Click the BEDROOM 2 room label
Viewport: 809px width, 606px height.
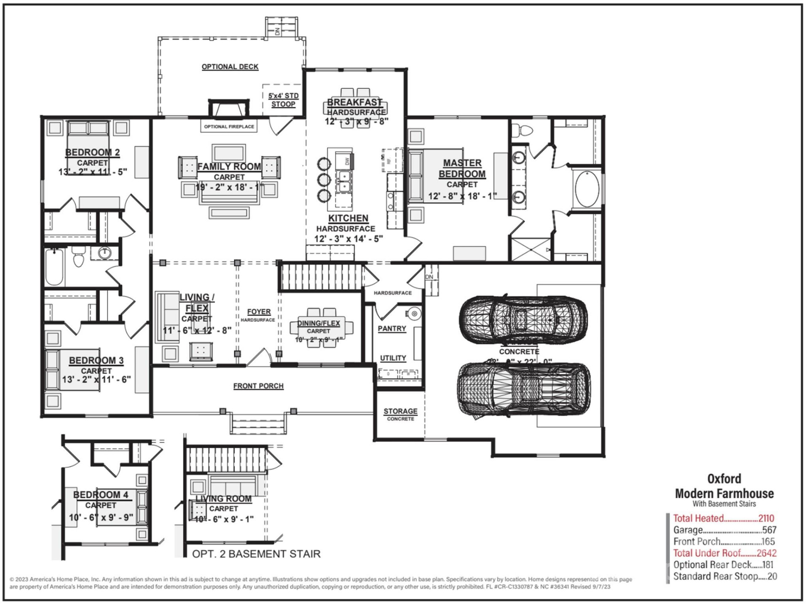coord(92,152)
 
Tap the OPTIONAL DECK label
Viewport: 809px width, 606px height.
coord(230,67)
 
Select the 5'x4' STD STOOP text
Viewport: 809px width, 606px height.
coord(283,100)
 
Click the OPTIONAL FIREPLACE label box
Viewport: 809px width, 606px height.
coord(229,126)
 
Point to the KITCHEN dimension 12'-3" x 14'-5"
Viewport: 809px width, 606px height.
coord(348,239)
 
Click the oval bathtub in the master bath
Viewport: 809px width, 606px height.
coord(587,189)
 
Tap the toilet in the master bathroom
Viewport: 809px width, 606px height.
coord(522,130)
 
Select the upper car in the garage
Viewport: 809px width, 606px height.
coord(523,319)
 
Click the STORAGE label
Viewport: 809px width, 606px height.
coord(400,411)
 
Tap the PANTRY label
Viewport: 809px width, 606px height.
coord(391,328)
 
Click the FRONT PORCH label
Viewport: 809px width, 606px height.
coord(258,386)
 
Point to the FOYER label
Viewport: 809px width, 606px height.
coord(259,311)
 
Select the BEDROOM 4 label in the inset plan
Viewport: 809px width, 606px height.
coord(101,495)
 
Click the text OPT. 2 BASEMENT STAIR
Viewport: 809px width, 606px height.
coord(256,554)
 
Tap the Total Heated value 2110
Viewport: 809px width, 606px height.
coord(766,518)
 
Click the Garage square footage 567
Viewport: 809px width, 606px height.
coord(769,530)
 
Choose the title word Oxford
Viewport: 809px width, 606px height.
coord(724,479)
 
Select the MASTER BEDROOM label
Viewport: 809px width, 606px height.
coord(462,168)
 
